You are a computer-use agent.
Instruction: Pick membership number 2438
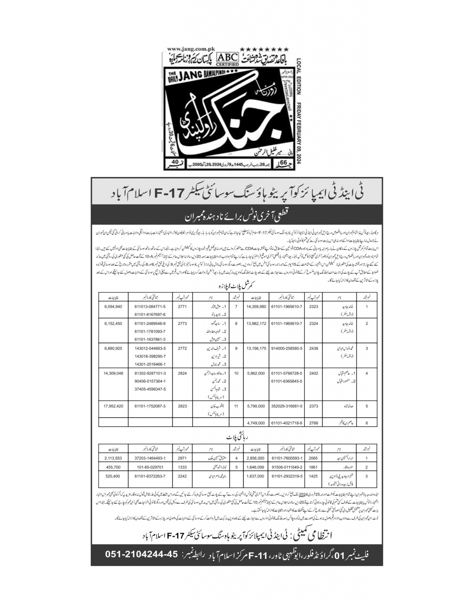tap(313, 348)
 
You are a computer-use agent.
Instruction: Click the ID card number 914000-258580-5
tap(286, 348)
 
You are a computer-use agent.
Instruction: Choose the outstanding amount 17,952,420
tap(113, 406)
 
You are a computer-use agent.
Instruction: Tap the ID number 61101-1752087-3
tap(150, 406)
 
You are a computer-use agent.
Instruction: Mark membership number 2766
tap(313, 423)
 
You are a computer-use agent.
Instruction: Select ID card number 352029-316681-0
tap(286, 406)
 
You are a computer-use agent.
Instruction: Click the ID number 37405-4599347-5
tap(150, 389)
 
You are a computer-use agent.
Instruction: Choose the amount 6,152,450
tap(113, 324)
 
